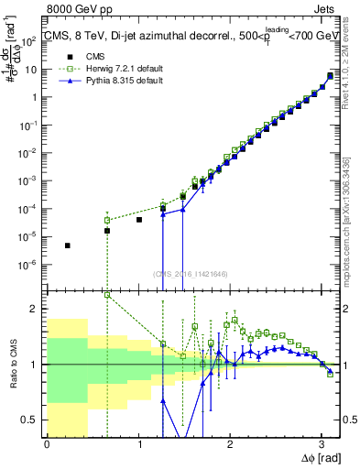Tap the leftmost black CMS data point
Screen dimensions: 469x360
coord(67,245)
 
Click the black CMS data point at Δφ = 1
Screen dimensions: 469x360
coord(139,220)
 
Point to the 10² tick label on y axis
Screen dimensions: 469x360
coord(34,41)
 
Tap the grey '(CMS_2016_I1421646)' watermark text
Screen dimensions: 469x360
coord(191,273)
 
